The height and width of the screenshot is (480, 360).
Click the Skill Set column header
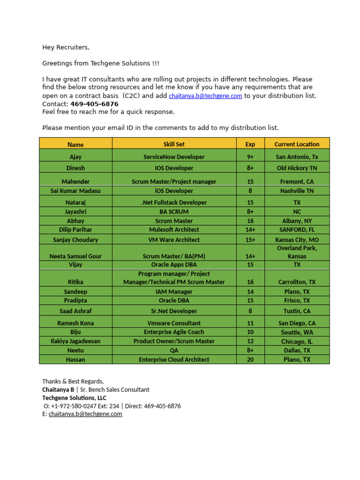pyautogui.click(x=174, y=144)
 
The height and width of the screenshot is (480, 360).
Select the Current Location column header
pyautogui.click(x=297, y=144)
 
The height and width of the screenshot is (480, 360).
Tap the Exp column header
pyautogui.click(x=250, y=144)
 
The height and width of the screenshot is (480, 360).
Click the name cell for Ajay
pyautogui.click(x=75, y=157)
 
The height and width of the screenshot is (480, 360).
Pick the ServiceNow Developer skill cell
pyautogui.click(x=174, y=157)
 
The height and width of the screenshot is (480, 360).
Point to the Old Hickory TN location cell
pyautogui.click(x=297, y=168)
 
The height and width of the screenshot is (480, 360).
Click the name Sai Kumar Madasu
pyautogui.click(x=75, y=191)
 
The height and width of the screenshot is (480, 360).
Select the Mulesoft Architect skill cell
pyautogui.click(x=174, y=230)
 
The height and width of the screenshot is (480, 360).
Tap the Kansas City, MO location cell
pyautogui.click(x=297, y=240)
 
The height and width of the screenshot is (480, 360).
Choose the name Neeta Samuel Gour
pyautogui.click(x=75, y=256)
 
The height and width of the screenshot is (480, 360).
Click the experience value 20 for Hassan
pyautogui.click(x=250, y=360)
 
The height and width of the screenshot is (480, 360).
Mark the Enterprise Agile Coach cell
pyautogui.click(x=174, y=332)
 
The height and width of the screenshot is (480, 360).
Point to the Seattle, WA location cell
pyautogui.click(x=297, y=332)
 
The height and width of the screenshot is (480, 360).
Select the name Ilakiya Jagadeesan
pyautogui.click(x=75, y=341)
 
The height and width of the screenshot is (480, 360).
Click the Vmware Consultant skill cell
pyautogui.click(x=174, y=323)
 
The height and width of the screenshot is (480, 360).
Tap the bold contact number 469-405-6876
pyautogui.click(x=94, y=104)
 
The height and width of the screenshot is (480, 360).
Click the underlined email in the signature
pyautogui.click(x=85, y=414)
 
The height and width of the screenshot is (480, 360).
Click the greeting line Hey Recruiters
pyautogui.click(x=66, y=47)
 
